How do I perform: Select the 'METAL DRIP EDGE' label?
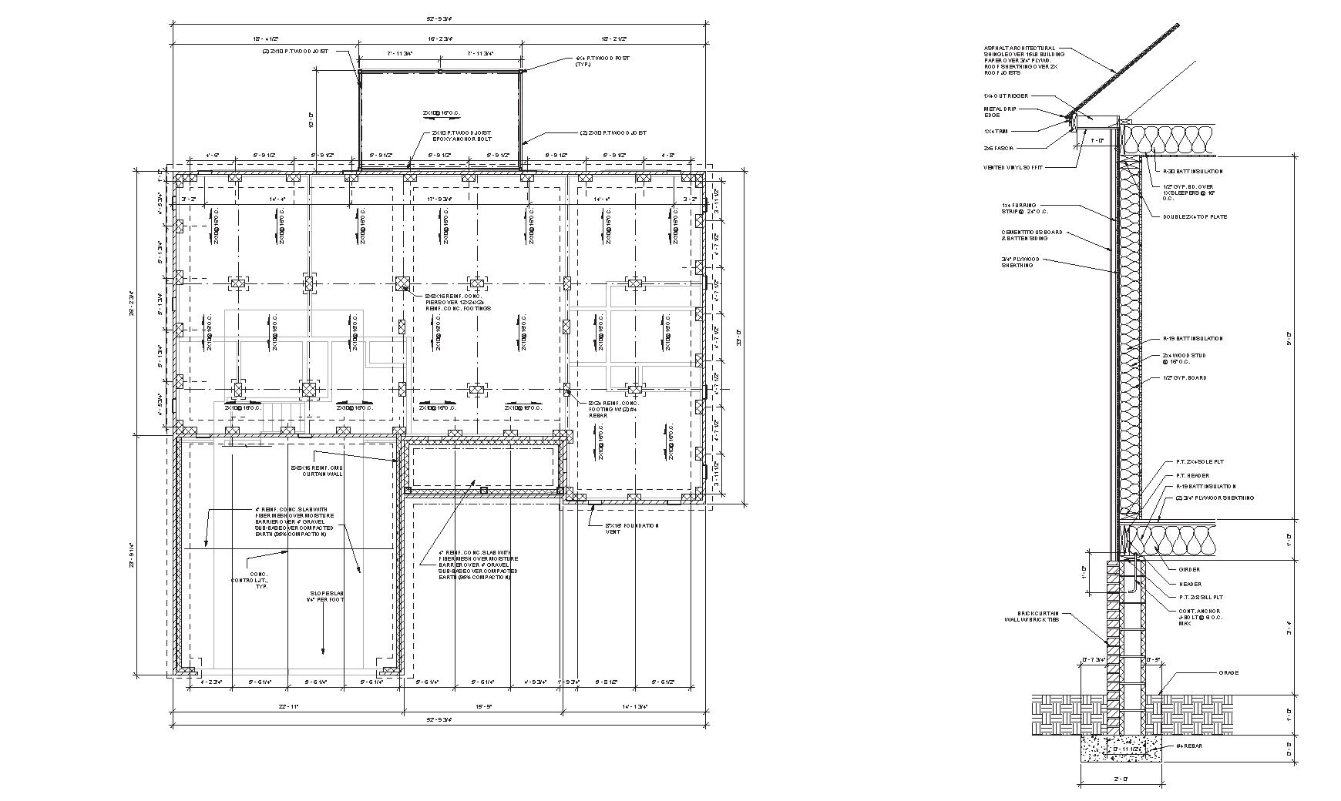click(1000, 112)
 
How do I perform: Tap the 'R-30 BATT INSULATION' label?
click(1193, 171)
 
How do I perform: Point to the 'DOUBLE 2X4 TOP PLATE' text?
click(1195, 216)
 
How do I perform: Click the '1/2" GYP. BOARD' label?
click(1185, 378)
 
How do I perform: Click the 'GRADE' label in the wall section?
click(1228, 673)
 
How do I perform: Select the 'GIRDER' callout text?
click(1189, 570)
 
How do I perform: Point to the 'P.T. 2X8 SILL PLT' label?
click(1201, 597)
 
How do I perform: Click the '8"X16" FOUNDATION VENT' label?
click(632, 528)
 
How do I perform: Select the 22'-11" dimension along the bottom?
click(288, 706)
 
